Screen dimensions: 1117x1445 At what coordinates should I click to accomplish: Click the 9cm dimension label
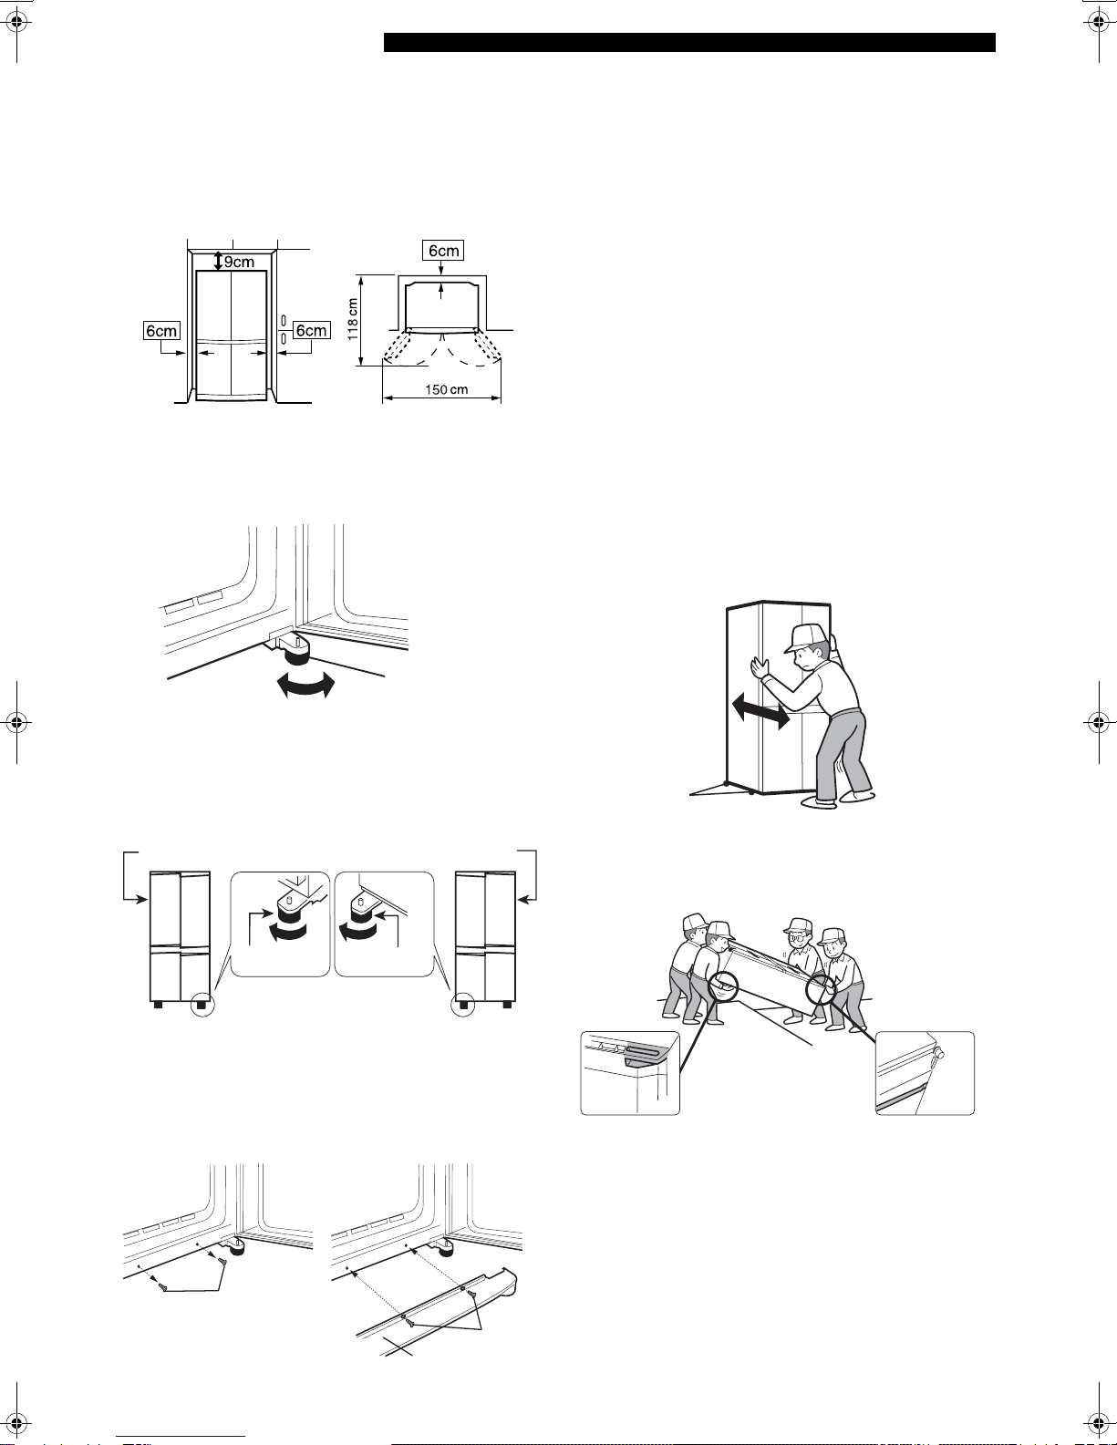click(x=239, y=262)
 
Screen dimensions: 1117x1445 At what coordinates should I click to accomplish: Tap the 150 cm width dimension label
click(x=446, y=389)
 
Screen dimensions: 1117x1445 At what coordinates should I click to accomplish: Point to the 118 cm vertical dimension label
click(x=352, y=319)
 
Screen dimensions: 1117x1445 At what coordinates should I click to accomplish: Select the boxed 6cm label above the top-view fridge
click(x=443, y=251)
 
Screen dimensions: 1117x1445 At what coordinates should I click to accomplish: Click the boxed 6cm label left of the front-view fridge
click(x=161, y=331)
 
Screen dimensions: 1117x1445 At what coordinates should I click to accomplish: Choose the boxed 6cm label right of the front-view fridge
click(x=311, y=331)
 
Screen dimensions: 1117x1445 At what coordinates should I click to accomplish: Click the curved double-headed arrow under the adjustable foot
click(x=305, y=686)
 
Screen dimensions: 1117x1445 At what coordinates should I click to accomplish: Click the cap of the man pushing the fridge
click(x=805, y=637)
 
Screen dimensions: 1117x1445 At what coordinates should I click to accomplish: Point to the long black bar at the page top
click(x=689, y=43)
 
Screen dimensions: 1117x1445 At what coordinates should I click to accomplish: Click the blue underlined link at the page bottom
click(x=181, y=1437)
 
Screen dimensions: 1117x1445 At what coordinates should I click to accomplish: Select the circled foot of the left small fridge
click(x=202, y=1004)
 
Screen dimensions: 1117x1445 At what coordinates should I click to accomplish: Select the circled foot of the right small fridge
click(x=463, y=1004)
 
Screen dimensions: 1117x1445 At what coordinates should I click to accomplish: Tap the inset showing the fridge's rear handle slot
click(x=630, y=1073)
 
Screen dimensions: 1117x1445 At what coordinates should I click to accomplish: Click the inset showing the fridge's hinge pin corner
click(x=925, y=1073)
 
